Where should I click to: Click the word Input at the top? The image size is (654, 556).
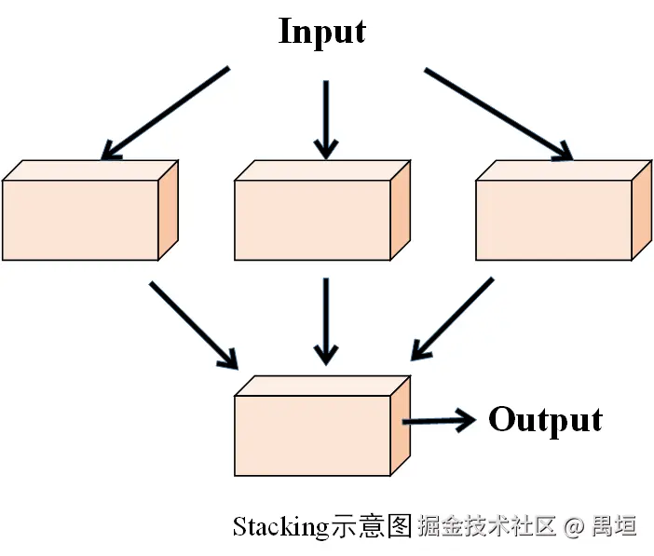tap(322, 32)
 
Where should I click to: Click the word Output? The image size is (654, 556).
tap(545, 420)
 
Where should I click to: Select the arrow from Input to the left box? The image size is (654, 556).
tap(165, 113)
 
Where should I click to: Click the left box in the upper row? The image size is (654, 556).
tap(80, 220)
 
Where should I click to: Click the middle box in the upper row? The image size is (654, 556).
tap(312, 220)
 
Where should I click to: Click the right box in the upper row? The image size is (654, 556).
tap(553, 220)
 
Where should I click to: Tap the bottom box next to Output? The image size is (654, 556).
tap(312, 435)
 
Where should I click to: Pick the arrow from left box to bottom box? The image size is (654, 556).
tap(194, 323)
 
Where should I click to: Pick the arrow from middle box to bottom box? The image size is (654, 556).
tap(325, 319)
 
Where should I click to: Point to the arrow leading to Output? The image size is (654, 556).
tap(438, 421)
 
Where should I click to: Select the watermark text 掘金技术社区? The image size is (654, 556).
tap(487, 526)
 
